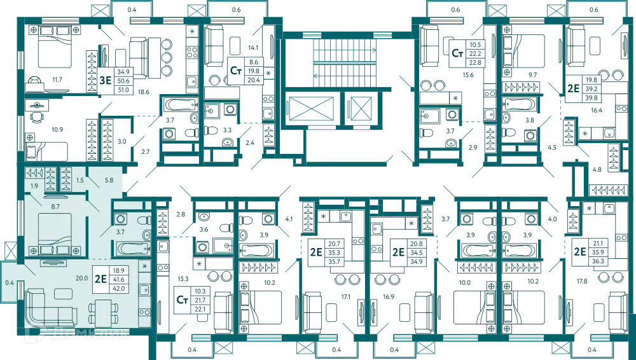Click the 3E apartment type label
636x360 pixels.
pyautogui.click(x=105, y=80)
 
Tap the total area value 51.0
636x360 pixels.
pyautogui.click(x=123, y=90)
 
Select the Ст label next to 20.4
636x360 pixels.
pyautogui.click(x=237, y=71)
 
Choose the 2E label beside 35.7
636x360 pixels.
pyautogui.click(x=315, y=251)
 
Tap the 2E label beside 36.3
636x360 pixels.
pyautogui.click(x=579, y=251)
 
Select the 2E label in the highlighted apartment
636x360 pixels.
pyautogui.click(x=99, y=278)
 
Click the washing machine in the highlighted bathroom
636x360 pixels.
pyautogui.click(x=120, y=218)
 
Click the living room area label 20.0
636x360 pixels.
pyautogui.click(x=80, y=277)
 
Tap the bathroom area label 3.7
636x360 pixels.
pyautogui.click(x=120, y=232)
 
